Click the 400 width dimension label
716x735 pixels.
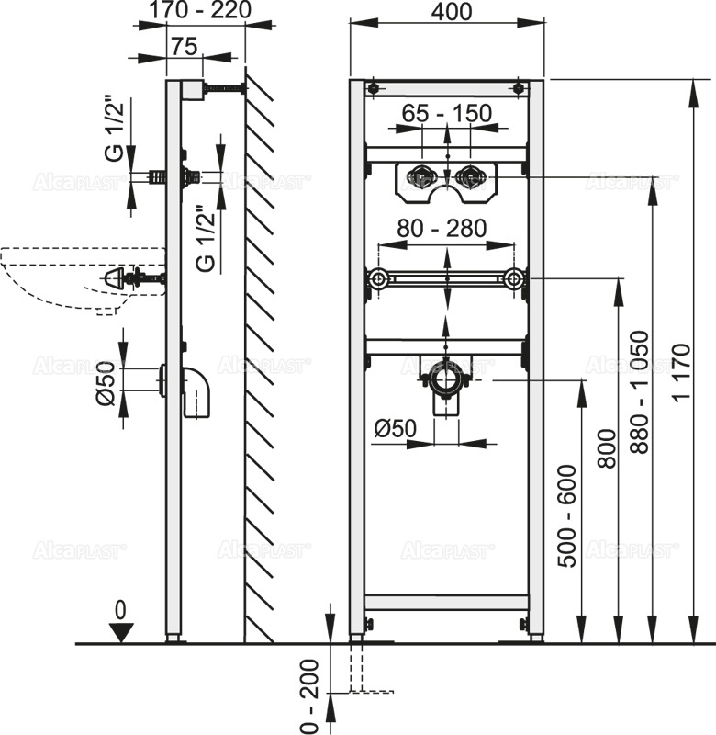446,13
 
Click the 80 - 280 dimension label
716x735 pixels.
442,229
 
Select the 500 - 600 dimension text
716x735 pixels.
569,517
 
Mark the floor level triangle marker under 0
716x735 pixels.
120,630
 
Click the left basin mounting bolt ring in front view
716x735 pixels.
377,278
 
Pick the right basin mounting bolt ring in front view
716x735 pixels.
515,278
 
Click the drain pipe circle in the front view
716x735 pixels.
447,378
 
